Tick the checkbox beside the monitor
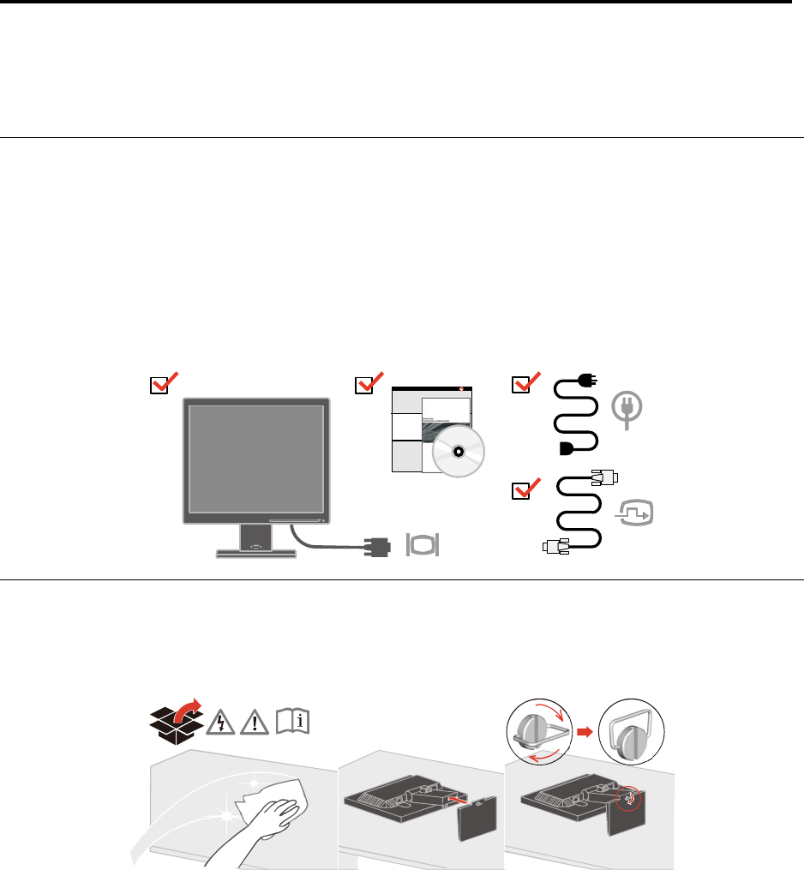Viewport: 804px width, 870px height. click(158, 386)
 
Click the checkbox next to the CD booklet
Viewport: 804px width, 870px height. click(364, 386)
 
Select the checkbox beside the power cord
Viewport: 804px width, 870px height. click(519, 386)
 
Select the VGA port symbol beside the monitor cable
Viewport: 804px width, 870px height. click(422, 544)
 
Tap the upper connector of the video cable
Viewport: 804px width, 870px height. click(604, 479)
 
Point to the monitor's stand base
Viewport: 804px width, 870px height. click(256, 553)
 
